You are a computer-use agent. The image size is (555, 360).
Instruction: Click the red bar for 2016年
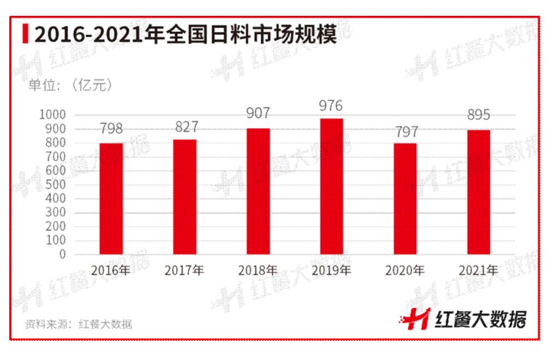[x=111, y=199]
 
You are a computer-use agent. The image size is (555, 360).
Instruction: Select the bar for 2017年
[x=184, y=197]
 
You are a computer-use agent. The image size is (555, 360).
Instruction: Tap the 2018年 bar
[x=258, y=191]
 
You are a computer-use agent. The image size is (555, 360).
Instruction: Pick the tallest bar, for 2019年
[x=332, y=187]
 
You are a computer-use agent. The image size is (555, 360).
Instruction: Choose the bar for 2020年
[x=405, y=199]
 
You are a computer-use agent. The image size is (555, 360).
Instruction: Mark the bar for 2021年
[x=479, y=192]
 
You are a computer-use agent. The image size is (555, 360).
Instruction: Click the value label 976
[x=331, y=105]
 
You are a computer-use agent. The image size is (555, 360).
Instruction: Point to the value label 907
[x=258, y=114]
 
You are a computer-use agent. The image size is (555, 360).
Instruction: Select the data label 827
[x=184, y=127]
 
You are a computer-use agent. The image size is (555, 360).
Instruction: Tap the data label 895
[x=479, y=116]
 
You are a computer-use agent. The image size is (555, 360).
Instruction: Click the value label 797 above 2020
[x=405, y=131]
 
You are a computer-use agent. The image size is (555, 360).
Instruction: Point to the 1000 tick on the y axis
[x=52, y=115]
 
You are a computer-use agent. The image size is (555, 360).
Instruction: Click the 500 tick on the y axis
[x=56, y=185]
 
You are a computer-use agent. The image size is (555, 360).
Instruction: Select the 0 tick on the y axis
[x=62, y=254]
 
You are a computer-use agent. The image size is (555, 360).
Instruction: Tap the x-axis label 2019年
[x=331, y=270]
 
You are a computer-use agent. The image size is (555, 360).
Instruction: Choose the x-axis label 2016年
[x=111, y=270]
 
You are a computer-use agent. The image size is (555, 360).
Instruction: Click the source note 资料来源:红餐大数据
[x=79, y=324]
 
